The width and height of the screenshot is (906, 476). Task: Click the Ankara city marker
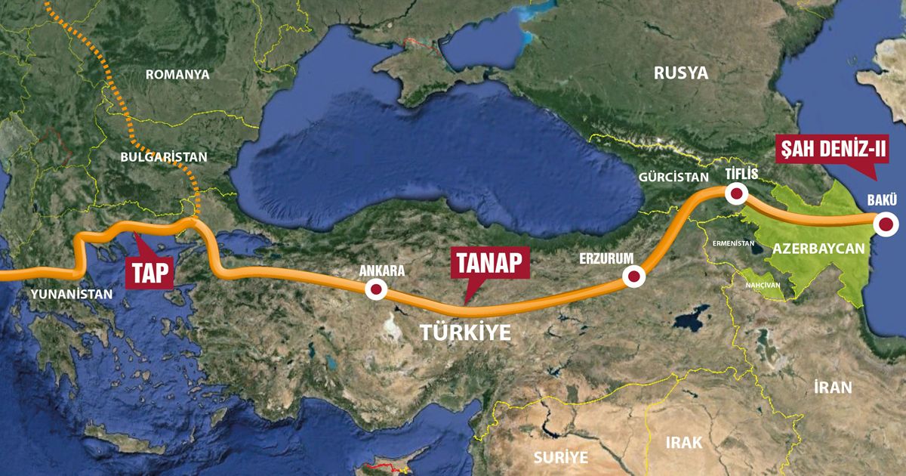[375, 289]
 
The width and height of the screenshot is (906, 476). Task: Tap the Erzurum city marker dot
[633, 277]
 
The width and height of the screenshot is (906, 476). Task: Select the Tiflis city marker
[735, 194]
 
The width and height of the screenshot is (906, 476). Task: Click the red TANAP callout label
[488, 264]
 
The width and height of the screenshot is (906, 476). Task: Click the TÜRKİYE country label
[465, 332]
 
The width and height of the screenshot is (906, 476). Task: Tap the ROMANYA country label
[177, 75]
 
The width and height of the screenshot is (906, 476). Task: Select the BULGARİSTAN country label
[163, 157]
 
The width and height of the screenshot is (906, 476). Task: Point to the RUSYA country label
[681, 73]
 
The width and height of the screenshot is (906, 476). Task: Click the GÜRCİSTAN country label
[669, 176]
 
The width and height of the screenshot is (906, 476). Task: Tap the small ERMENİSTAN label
[732, 244]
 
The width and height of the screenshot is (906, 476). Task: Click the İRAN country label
[833, 388]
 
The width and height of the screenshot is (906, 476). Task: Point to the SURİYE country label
[560, 457]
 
